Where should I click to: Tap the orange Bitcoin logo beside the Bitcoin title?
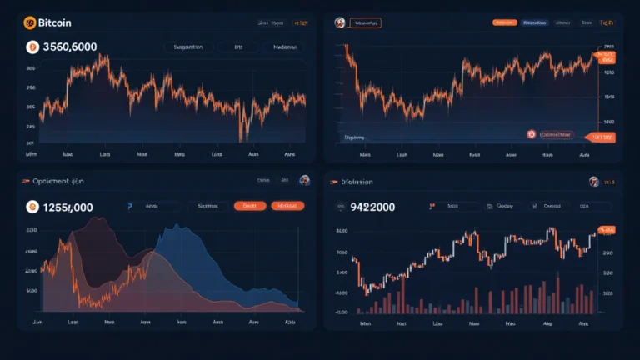tap(30, 23)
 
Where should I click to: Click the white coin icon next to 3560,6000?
tap(32, 47)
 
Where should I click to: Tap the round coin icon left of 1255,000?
tap(32, 207)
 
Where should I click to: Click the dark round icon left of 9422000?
tap(341, 207)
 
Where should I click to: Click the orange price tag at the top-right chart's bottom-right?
tap(599, 137)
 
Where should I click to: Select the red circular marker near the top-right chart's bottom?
tap(530, 133)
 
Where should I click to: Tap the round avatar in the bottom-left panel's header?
tap(304, 180)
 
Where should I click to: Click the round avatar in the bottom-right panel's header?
tap(593, 181)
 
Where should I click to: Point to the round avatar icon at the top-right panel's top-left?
tap(339, 23)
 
